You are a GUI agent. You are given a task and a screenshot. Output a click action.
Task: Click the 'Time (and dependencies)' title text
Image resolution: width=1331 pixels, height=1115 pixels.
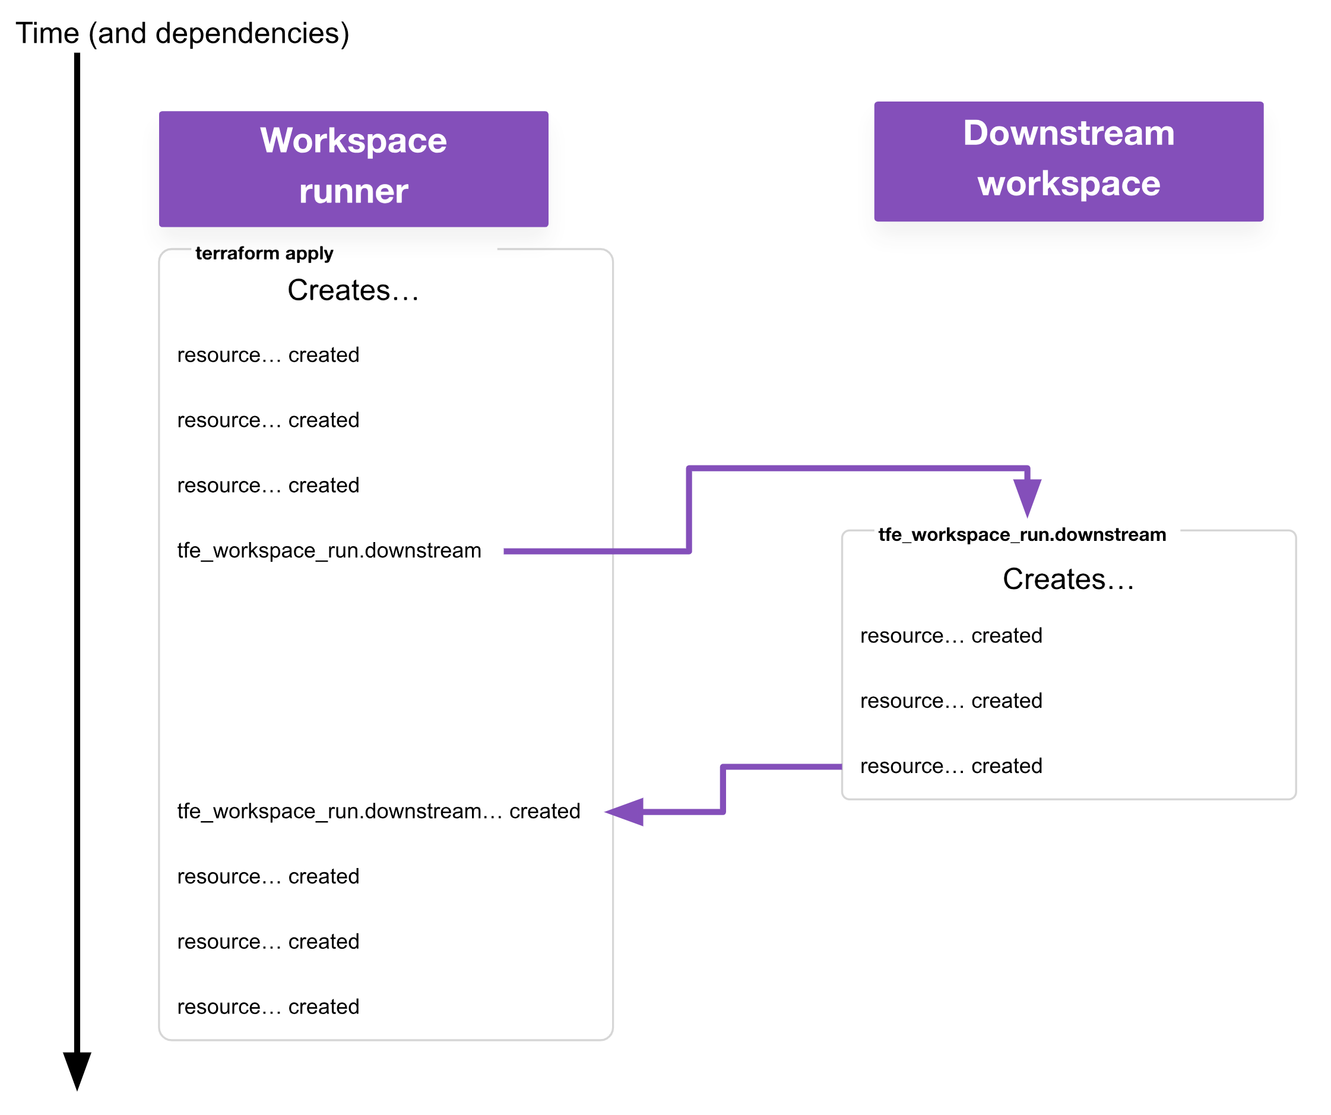182,33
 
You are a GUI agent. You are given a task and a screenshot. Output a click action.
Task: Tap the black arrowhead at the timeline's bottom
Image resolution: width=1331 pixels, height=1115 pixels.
77,1070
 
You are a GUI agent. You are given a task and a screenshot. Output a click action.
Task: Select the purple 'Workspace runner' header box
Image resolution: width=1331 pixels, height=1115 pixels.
353,169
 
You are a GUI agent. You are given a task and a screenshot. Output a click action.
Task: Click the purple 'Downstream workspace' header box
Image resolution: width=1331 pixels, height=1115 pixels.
1068,161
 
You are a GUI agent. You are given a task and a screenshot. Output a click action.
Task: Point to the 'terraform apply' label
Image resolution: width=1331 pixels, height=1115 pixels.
264,253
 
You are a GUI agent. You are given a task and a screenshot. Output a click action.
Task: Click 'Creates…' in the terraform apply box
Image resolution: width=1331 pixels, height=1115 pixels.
353,290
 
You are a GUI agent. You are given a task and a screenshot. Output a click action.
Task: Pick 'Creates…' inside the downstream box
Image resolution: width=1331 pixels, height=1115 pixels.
1068,579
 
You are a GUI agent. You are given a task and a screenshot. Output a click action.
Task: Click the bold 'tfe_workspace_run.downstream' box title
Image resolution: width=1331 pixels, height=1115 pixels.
1021,534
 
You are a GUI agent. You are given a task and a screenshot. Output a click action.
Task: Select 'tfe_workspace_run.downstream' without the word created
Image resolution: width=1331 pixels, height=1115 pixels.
329,550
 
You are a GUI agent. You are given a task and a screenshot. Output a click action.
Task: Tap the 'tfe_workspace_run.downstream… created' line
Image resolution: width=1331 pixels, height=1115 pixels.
378,811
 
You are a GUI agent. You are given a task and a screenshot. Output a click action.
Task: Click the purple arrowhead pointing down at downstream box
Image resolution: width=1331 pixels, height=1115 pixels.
1027,496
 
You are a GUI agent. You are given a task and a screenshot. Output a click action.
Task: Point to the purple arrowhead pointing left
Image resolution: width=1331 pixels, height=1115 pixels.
626,812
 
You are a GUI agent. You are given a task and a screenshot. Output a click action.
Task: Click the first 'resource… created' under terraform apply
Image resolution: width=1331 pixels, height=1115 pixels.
268,355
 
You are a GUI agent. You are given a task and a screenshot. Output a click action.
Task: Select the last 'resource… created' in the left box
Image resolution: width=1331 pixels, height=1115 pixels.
268,1006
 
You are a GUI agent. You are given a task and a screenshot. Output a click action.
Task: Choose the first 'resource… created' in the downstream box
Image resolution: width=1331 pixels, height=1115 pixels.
950,635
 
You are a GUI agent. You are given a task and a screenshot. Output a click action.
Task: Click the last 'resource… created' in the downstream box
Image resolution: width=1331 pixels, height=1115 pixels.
950,766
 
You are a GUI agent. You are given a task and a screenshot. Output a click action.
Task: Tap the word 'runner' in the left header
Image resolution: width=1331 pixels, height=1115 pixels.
353,191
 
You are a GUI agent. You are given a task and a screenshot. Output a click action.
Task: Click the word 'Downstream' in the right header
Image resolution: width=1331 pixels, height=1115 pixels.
1068,133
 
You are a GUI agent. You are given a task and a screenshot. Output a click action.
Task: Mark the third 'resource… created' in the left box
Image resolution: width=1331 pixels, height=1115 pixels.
268,485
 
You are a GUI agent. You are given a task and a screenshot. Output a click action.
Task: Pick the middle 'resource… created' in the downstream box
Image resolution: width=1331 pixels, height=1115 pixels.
950,701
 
